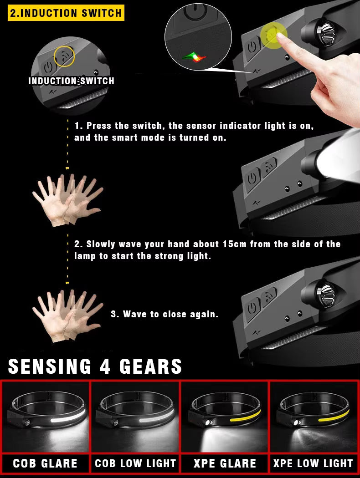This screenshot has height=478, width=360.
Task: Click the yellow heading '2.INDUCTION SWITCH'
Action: pos(66,12)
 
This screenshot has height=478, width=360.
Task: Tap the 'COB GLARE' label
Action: pos(45,463)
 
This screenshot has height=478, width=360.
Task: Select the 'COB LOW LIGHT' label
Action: pos(135,463)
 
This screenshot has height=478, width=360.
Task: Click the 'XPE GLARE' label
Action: pos(225,463)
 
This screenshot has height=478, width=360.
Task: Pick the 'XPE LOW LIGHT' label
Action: pos(313,463)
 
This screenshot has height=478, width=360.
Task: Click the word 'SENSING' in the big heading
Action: pos(50,366)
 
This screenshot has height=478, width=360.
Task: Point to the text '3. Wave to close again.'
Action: pos(165,314)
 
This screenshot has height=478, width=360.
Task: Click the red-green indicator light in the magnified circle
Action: pos(195,57)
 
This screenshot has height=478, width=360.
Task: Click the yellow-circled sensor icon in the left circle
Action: pos(64,56)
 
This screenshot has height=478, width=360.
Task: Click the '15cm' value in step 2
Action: pos(235,244)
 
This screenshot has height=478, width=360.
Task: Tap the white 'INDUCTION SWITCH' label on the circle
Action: pos(71,81)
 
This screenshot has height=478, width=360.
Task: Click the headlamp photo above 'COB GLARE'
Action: pos(45,417)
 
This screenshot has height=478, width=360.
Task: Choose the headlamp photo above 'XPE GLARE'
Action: pos(225,417)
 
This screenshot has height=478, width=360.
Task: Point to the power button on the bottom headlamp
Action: pos(252,310)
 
